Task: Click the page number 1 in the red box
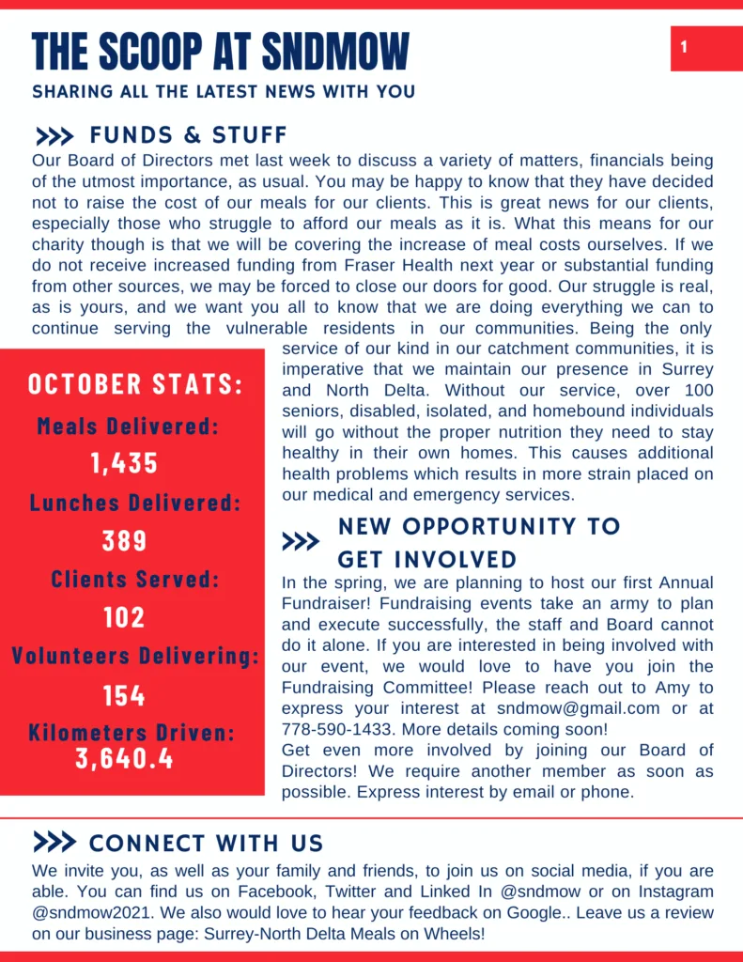[x=684, y=47]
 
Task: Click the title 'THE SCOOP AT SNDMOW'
[x=221, y=51]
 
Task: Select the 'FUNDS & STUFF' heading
[x=189, y=135]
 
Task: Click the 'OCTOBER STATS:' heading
[x=135, y=384]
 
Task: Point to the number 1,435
[x=125, y=463]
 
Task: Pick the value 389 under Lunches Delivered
[x=125, y=540]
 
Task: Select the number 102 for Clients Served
[x=125, y=617]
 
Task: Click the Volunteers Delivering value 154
[x=125, y=695]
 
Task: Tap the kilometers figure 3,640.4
[x=125, y=758]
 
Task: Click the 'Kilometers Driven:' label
[x=132, y=733]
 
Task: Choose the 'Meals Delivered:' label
[x=128, y=426]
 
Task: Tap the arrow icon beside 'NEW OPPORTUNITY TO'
[x=301, y=542]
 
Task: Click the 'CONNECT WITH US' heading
[x=206, y=843]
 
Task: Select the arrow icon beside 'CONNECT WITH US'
[x=54, y=842]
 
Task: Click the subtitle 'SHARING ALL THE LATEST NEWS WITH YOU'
[x=224, y=92]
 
